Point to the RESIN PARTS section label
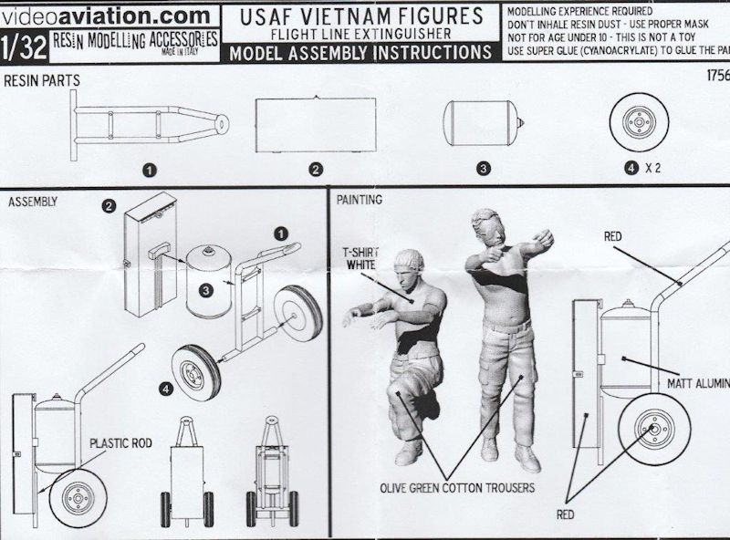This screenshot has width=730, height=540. point(42,81)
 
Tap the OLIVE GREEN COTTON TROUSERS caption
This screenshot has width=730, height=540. point(457,488)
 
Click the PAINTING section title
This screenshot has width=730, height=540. point(360,199)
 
